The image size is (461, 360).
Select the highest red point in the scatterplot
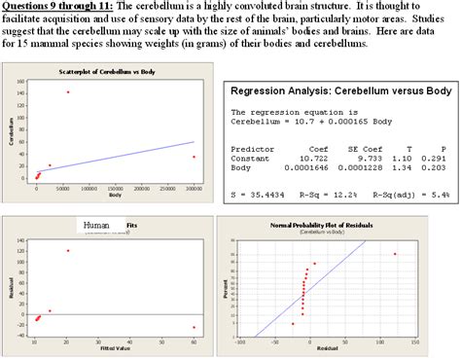pos(68,92)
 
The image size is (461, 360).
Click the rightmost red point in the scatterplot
pos(194,157)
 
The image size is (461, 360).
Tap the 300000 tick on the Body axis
pos(195,189)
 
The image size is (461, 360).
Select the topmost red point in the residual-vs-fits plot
pos(68,251)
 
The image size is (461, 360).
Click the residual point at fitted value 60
pos(194,327)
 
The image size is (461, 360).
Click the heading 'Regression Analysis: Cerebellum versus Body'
pos(340,90)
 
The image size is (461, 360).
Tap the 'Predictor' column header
pos(252,147)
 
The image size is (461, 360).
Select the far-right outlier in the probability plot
pos(394,254)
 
